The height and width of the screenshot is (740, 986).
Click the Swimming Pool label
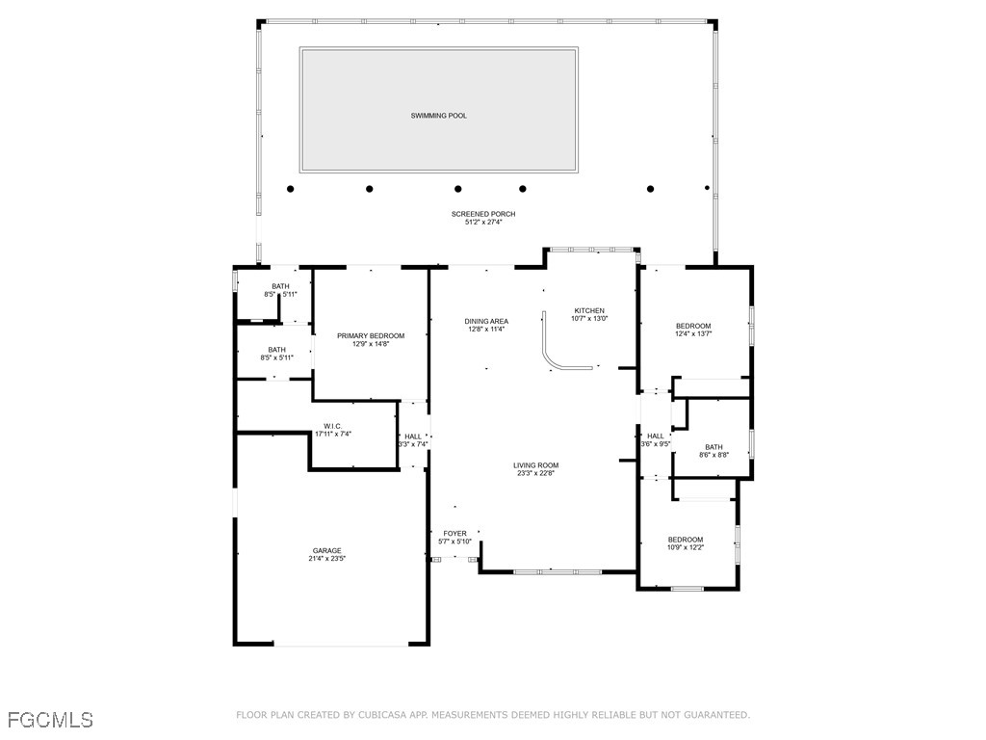pos(438,116)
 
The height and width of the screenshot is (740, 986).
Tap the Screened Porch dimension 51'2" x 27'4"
pos(483,223)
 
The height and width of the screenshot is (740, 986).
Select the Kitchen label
pos(589,310)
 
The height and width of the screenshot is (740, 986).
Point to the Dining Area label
pos(486,321)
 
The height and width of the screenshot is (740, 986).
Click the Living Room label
pos(535,465)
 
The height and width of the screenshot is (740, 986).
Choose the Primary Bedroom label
pos(371,335)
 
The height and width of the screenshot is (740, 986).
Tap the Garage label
pos(326,550)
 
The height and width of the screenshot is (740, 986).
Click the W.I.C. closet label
pos(333,426)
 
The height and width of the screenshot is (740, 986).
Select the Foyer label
pos(454,533)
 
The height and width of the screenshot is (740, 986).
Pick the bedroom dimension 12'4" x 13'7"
pos(693,334)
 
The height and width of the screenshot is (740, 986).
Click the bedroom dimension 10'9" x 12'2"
pos(686,547)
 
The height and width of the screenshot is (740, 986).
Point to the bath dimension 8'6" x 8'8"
pos(714,455)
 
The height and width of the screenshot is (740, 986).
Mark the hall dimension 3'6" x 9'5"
pos(656,444)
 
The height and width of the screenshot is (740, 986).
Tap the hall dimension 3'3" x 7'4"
pos(413,444)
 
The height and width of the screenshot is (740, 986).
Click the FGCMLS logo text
pos(50,719)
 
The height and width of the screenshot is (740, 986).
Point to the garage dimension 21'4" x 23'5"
pos(326,558)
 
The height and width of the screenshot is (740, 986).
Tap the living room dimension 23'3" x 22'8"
pos(535,473)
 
